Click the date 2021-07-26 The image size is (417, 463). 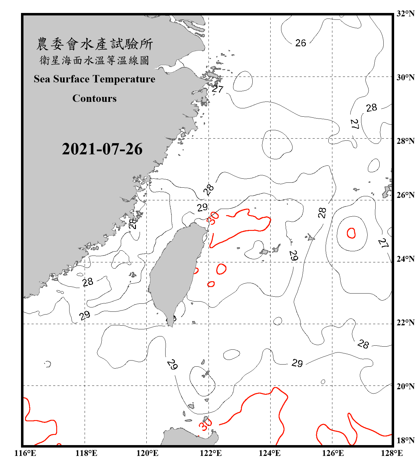point(102,149)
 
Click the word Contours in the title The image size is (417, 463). point(94,98)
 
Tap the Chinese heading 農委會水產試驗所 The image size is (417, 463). point(94,44)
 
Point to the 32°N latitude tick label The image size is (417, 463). point(405,14)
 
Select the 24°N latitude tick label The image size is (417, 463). point(405,259)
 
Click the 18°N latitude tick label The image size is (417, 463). point(405,440)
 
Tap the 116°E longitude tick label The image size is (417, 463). point(25,453)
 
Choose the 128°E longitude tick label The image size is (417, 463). point(392,453)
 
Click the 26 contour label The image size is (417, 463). point(301,43)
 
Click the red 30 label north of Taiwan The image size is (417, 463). point(213,218)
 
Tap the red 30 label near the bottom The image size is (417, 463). point(205,425)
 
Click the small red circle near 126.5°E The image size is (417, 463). point(351,233)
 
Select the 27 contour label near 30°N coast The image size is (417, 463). point(217,89)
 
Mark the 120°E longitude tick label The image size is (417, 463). point(147,453)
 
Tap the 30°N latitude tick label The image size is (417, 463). point(405,77)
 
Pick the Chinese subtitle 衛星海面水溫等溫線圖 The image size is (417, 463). point(94,60)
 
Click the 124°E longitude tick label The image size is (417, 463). point(270,453)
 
